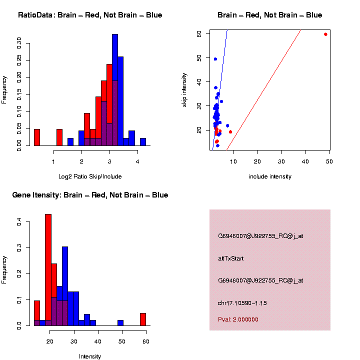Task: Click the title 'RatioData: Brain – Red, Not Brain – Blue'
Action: coord(90,15)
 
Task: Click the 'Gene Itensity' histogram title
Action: coord(90,195)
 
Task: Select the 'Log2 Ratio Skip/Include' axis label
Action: coord(90,176)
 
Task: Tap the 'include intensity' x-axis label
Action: coord(269,176)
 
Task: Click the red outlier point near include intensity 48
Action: coord(325,34)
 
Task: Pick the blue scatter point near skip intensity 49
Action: coord(215,59)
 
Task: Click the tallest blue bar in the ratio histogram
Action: coord(115,90)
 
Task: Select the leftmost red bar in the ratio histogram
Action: coord(36,137)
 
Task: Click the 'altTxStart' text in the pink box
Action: coord(230,258)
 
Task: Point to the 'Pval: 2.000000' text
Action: coord(238,319)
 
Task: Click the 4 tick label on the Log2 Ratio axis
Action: coord(137,161)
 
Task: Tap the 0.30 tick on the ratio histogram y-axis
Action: coord(19,43)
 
